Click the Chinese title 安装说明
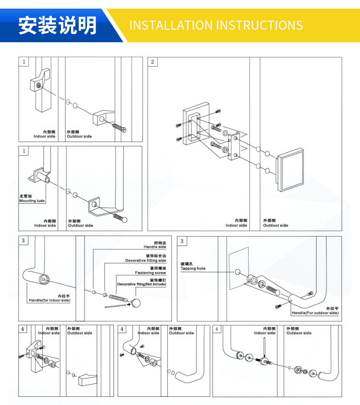pos(58,25)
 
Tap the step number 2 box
pos(153,61)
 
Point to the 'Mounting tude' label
pos(32,201)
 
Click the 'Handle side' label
pos(155,247)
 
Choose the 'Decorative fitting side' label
pos(146,260)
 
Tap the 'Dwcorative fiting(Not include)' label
pos(142,284)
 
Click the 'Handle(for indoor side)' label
pos(49,300)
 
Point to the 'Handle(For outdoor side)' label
pos(315,313)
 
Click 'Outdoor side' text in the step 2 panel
pos(276,225)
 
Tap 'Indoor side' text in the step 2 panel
pos(236,225)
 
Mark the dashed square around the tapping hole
pos(239,269)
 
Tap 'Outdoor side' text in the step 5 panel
pos(299,333)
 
